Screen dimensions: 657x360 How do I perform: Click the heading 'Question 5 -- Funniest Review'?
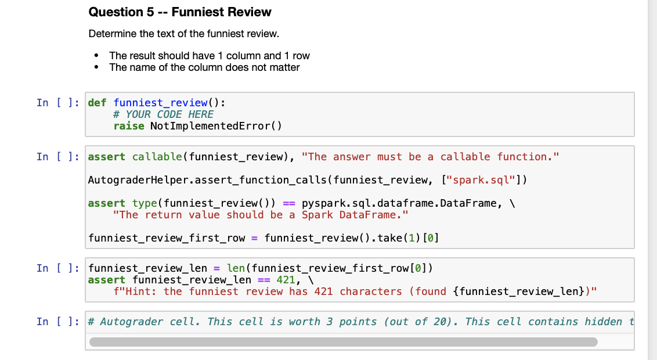[180, 12]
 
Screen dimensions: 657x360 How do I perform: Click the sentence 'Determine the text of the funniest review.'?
[183, 34]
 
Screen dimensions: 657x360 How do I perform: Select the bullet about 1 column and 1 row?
[209, 56]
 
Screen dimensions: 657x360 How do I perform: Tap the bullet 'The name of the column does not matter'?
[204, 67]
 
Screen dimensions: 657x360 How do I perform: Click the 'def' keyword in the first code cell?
[97, 103]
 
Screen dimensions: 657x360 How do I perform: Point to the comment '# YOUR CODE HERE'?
[163, 114]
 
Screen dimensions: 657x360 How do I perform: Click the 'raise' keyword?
[128, 126]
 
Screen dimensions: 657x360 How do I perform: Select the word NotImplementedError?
[210, 126]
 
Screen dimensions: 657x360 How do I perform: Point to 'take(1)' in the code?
[400, 238]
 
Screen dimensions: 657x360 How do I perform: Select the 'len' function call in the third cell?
[236, 268]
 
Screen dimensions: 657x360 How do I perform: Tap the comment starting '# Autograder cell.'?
[360, 322]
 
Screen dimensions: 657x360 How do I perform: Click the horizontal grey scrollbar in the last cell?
[343, 342]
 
